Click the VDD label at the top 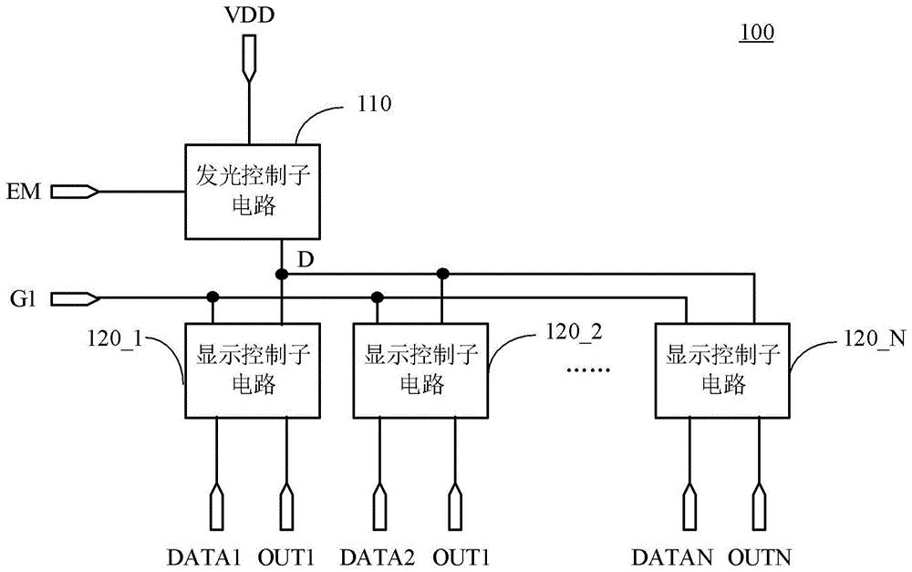click(x=248, y=16)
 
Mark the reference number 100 click(x=756, y=33)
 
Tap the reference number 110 click(x=376, y=104)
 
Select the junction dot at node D click(x=282, y=273)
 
